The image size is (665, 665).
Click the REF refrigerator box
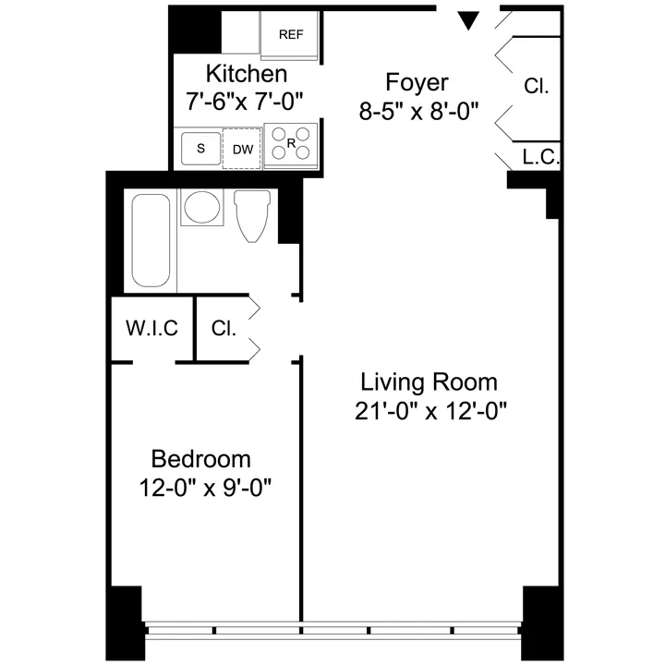tap(291, 34)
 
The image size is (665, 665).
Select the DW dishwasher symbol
tap(242, 149)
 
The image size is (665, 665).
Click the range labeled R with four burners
tap(291, 145)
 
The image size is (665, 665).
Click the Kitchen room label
tap(246, 73)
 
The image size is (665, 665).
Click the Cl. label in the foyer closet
tap(536, 87)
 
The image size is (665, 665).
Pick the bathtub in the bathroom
tap(151, 240)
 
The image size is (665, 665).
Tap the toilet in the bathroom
tap(251, 217)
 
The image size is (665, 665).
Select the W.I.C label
tap(151, 328)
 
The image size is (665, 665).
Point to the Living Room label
tap(429, 381)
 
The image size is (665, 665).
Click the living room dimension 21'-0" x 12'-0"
tap(429, 410)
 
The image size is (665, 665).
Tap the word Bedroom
tap(201, 458)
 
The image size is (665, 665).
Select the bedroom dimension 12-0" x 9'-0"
tap(201, 487)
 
